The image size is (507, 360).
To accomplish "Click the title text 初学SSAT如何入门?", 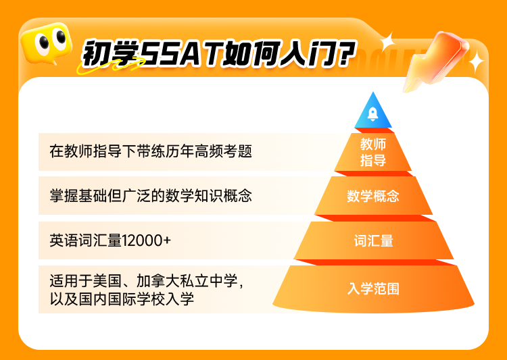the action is [x=219, y=54].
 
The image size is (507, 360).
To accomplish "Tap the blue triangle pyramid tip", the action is [x=373, y=110].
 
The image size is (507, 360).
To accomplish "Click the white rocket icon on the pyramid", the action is [x=372, y=114].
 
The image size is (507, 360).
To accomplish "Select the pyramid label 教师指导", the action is [x=373, y=152].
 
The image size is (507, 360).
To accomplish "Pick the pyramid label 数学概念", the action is [x=373, y=196].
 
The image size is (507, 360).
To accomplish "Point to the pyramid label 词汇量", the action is [x=373, y=240].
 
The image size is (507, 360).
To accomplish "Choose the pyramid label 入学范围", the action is [x=373, y=288].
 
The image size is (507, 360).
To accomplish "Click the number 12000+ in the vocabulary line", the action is [x=146, y=240].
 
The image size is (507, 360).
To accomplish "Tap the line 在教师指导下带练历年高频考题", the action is [x=151, y=151].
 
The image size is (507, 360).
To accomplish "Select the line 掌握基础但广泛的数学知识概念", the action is [x=151, y=196].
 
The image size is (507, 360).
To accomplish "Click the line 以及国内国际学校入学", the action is [x=122, y=299].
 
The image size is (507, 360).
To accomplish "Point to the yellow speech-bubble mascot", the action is [x=46, y=43].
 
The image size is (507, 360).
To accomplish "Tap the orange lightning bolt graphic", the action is [x=435, y=61].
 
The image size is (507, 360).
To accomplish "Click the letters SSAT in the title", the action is [x=182, y=54].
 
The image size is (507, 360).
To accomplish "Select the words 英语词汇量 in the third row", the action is [x=86, y=240].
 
